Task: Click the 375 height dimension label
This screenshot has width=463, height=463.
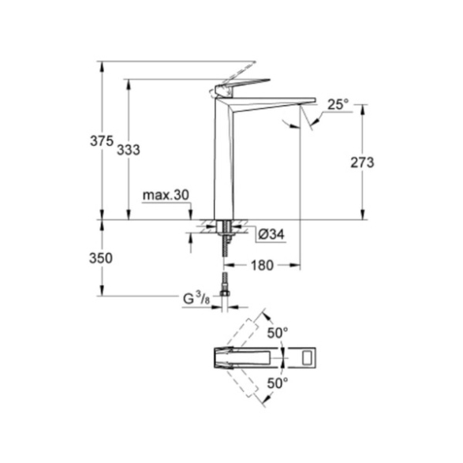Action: pos(102,141)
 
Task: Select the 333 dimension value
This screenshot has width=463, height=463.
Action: pos(128,150)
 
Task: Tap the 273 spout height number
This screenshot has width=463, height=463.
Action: pos(362,162)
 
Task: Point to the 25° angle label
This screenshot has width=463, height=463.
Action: pos(338,105)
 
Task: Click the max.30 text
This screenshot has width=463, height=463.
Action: pos(166,195)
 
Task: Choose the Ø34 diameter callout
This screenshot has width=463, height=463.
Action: pos(271,235)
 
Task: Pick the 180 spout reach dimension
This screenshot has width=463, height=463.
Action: pos(262,266)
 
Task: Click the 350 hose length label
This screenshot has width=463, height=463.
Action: pos(101,259)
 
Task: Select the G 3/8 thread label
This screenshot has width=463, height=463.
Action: pos(196,298)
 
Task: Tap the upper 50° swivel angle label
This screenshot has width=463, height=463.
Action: pos(278,333)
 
